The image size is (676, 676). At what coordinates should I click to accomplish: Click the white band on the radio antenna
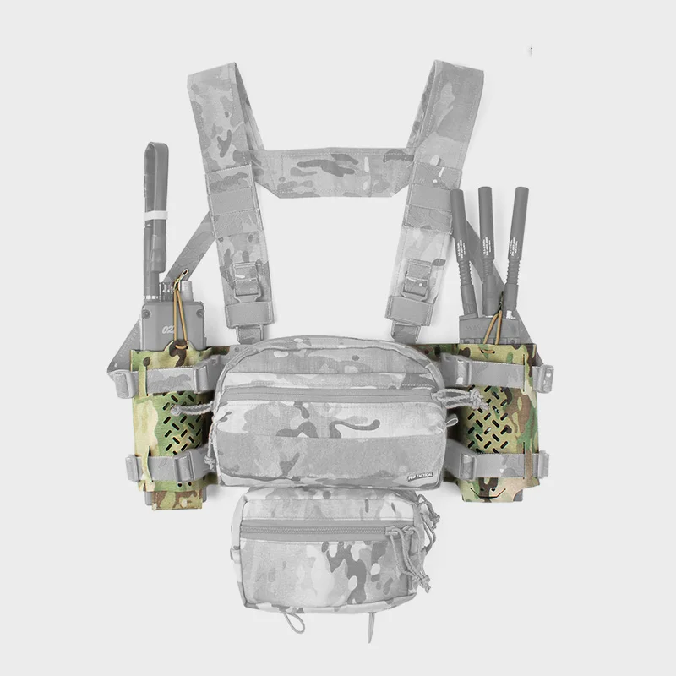(154, 216)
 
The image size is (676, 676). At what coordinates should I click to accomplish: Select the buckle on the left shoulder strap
(245, 279)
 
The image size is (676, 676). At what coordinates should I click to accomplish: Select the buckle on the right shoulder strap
(417, 279)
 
